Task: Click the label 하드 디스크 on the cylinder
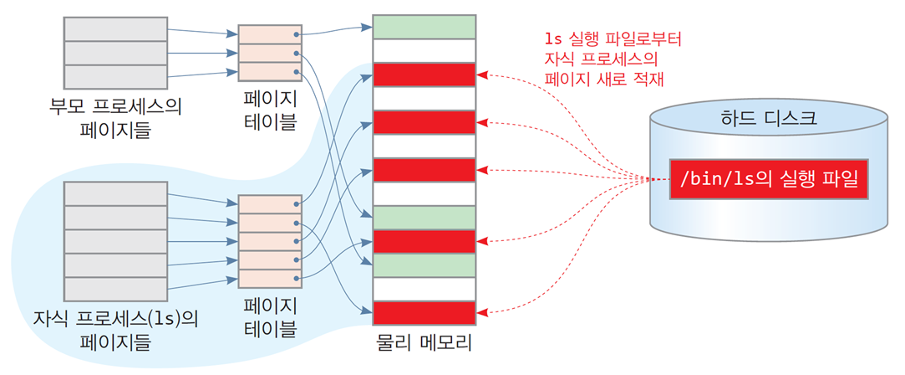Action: point(768,121)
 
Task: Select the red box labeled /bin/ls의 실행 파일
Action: point(768,179)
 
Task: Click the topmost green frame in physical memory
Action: point(425,27)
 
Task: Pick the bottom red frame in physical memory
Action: point(425,313)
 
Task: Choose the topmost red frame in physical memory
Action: point(425,74)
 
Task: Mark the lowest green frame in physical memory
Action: point(425,265)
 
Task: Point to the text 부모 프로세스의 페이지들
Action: point(115,116)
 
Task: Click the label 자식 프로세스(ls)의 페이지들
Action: point(115,329)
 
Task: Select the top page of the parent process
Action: point(115,29)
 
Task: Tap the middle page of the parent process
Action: point(115,54)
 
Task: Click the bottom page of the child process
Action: point(115,288)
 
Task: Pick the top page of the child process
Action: point(115,193)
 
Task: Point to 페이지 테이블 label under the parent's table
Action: point(271,111)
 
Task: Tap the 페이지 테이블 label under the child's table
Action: point(271,318)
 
